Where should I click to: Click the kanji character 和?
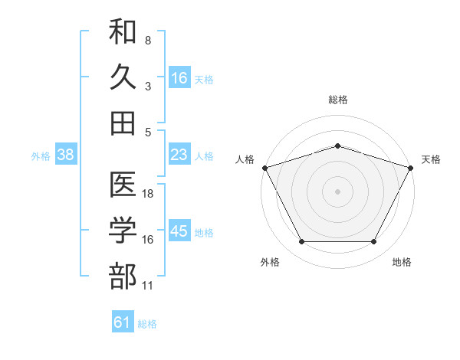click(x=123, y=31)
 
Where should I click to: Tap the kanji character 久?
click(x=123, y=77)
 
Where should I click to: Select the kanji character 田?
click(x=123, y=123)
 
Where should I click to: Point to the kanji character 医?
click(x=123, y=184)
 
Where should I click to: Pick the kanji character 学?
click(x=123, y=230)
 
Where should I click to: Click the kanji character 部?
click(x=123, y=276)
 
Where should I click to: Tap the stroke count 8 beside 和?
click(x=148, y=41)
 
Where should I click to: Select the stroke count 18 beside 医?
click(x=147, y=194)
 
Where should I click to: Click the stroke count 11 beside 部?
click(x=147, y=286)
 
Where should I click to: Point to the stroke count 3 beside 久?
click(x=148, y=87)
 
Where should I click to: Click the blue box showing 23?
click(x=179, y=154)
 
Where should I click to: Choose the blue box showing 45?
click(x=179, y=230)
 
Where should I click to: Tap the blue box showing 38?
click(x=66, y=154)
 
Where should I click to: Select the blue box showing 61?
click(x=123, y=321)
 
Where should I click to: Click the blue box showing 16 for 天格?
click(x=179, y=77)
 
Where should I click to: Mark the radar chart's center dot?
click(x=337, y=191)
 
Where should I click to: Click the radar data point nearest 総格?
click(x=337, y=146)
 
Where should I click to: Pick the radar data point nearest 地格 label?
click(x=373, y=241)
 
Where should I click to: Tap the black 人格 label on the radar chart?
click(x=245, y=159)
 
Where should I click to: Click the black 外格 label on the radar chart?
click(x=270, y=262)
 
